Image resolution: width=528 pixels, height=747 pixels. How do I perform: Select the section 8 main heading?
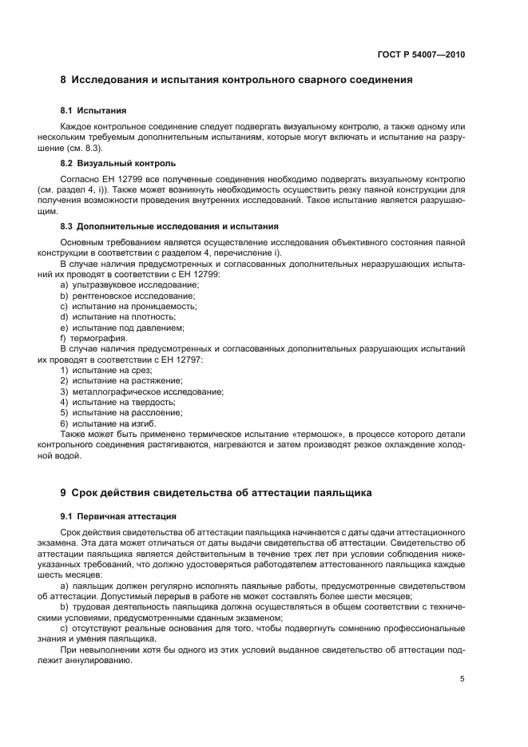tap(236, 81)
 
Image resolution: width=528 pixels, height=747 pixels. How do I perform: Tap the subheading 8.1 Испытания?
tap(93, 109)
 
